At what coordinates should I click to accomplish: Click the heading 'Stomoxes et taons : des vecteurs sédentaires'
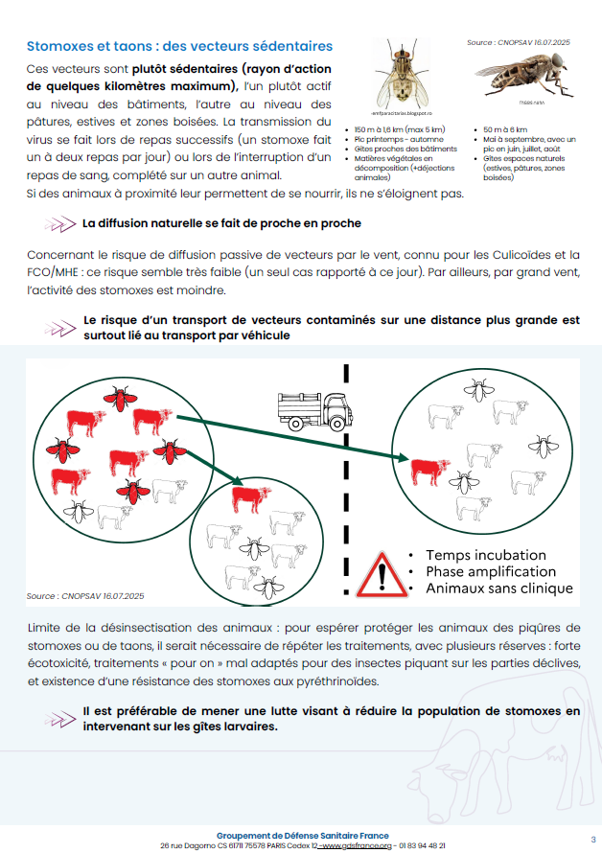coord(179,46)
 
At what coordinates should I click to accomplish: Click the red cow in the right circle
coord(429,470)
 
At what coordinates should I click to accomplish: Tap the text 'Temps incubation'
coord(486,555)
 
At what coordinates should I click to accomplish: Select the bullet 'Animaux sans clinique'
coord(498,588)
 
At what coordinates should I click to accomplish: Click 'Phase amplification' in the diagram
coord(492,572)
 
